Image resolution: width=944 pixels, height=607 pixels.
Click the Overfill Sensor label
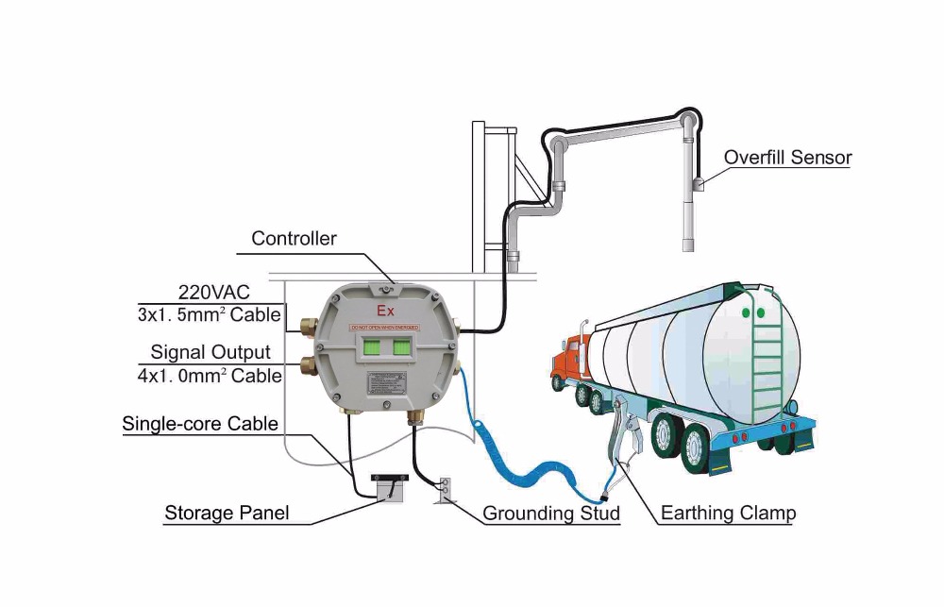pos(787,158)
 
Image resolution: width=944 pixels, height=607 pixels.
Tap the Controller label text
pos(294,239)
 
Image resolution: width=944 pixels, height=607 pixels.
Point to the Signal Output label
pos(211,352)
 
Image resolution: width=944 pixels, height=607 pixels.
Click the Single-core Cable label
pos(200,424)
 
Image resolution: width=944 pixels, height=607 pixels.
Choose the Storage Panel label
pos(227,514)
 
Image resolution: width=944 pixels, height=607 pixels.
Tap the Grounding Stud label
pos(551,514)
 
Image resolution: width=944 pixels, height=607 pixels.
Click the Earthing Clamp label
pos(728,514)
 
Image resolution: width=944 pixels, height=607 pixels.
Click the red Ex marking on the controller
pos(385,311)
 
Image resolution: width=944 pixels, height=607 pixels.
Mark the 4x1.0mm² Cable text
pos(210,376)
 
